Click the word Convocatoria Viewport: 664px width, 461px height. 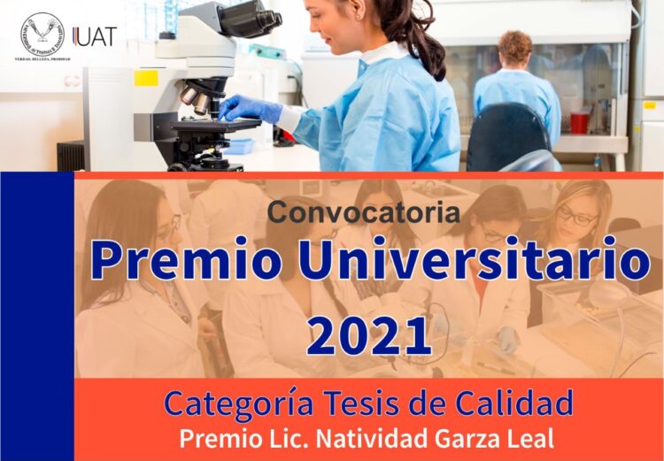364,212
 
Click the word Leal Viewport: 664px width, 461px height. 530,438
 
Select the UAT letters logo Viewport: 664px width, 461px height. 95,36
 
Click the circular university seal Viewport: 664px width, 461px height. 42,34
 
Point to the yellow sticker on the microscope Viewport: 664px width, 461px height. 146,78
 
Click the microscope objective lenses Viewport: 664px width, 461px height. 196,98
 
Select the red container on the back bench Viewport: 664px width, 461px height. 580,122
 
